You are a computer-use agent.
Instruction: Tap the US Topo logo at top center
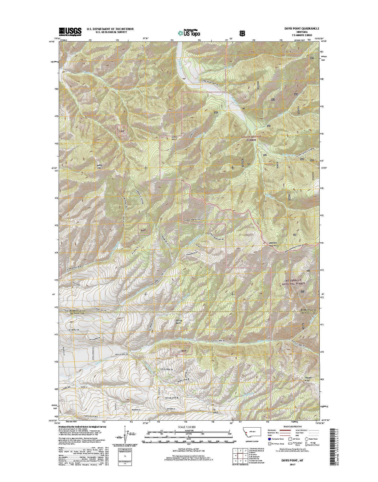coord(189,32)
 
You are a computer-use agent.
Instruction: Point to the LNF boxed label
coord(122,131)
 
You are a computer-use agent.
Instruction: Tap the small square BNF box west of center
coord(143,230)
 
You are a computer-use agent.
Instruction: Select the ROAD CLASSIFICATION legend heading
coord(292,427)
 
